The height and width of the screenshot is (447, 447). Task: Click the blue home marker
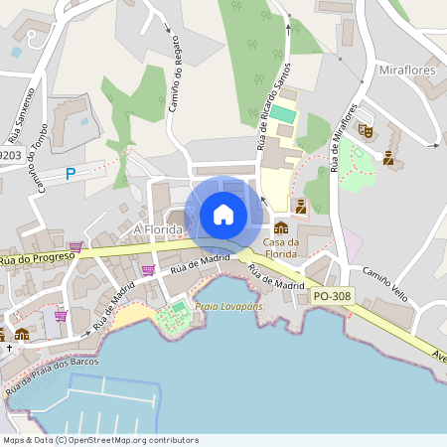click(223, 214)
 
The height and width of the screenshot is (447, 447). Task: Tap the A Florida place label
click(158, 229)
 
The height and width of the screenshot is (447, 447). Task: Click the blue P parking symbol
click(71, 174)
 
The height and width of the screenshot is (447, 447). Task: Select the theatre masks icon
click(366, 130)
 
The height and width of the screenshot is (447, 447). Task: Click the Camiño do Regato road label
click(175, 84)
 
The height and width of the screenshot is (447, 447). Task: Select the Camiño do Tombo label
click(39, 162)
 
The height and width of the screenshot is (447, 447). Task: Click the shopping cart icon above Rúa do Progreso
click(75, 245)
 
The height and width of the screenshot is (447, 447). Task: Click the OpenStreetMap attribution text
click(99, 440)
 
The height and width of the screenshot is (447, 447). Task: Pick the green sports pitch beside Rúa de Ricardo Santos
click(284, 114)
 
